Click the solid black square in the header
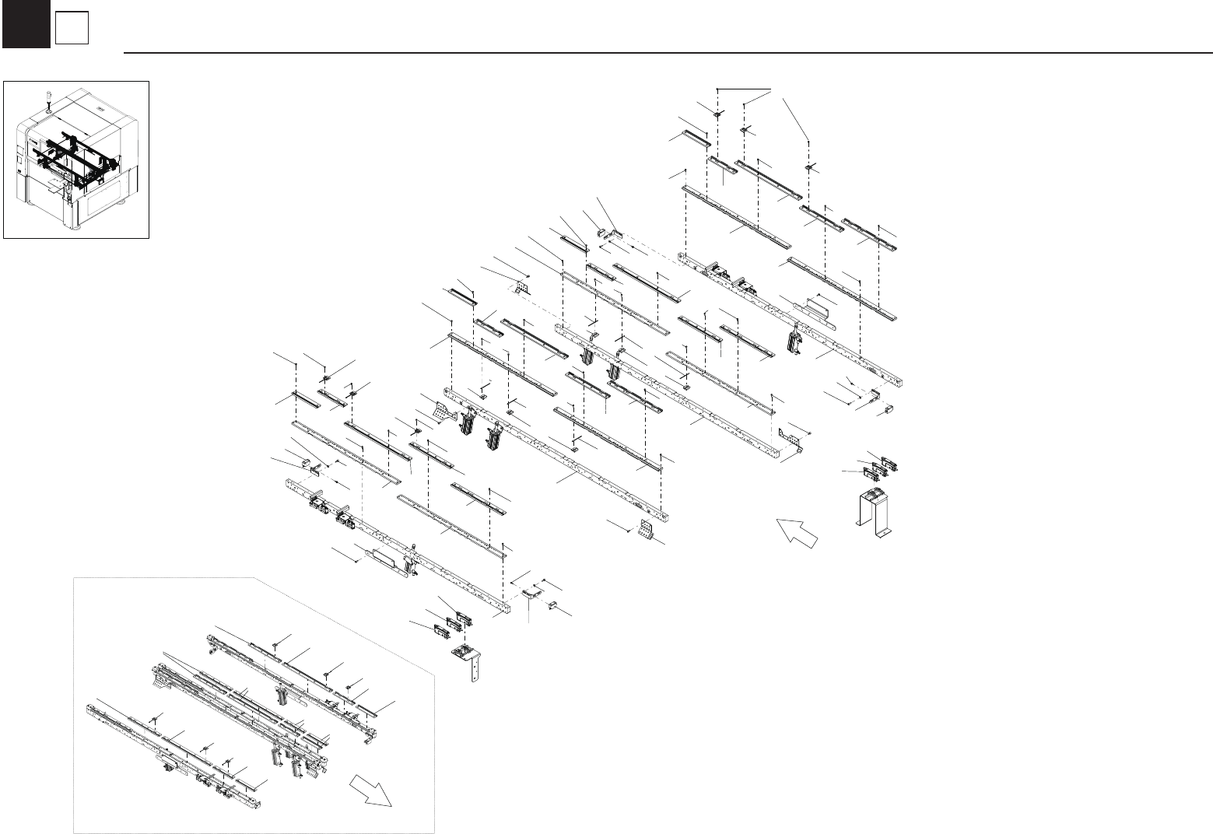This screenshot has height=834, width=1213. pos(26,24)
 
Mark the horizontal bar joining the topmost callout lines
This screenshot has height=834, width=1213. pos(744,86)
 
